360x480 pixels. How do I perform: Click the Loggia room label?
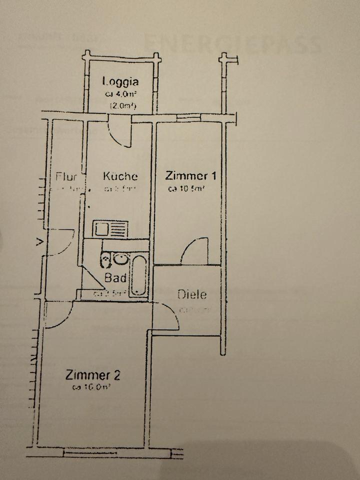(120, 81)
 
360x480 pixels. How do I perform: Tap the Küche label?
(120, 176)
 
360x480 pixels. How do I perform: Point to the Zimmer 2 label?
(92, 374)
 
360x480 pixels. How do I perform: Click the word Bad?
(114, 278)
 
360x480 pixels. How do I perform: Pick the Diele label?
(192, 294)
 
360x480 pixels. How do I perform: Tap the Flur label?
(66, 176)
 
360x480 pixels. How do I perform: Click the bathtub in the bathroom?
(139, 275)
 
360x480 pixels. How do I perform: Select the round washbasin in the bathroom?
(120, 258)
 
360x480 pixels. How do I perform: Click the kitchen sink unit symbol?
(111, 229)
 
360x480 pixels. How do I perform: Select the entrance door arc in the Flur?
(61, 242)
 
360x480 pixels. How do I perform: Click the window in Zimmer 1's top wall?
(189, 118)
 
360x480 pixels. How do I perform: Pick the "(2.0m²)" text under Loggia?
(123, 105)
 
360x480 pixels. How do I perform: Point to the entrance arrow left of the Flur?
(38, 243)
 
